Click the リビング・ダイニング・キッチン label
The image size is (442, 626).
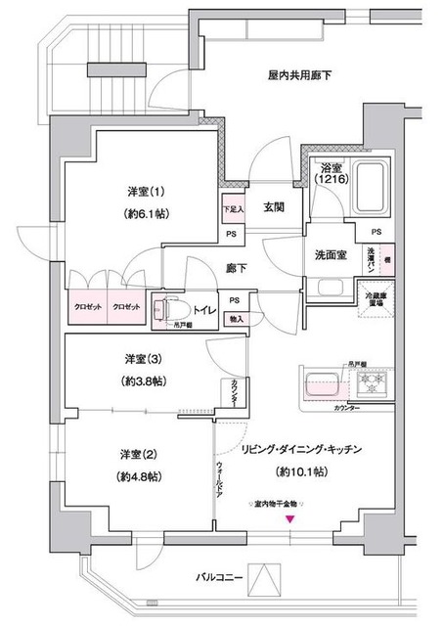[304, 449]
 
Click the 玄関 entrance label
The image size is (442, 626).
[273, 207]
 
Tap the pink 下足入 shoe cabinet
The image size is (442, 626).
[231, 209]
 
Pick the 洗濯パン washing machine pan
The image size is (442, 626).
[376, 261]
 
